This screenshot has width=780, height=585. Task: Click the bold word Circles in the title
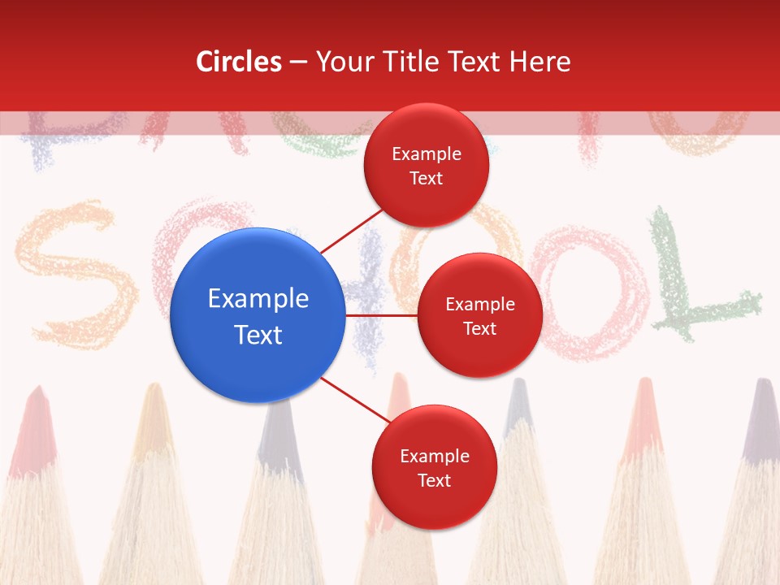[239, 62]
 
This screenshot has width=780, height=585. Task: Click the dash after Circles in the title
[298, 63]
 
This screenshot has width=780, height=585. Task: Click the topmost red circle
[426, 165]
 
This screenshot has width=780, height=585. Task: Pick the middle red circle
[479, 315]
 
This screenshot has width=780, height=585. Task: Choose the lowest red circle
[434, 467]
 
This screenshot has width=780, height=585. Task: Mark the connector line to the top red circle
[351, 231]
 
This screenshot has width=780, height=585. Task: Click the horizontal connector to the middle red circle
[382, 315]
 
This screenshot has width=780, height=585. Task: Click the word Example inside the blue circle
[258, 299]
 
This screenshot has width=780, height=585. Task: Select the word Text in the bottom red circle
[434, 480]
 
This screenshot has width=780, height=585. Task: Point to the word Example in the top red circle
[427, 154]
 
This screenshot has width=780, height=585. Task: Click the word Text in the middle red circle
[479, 328]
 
